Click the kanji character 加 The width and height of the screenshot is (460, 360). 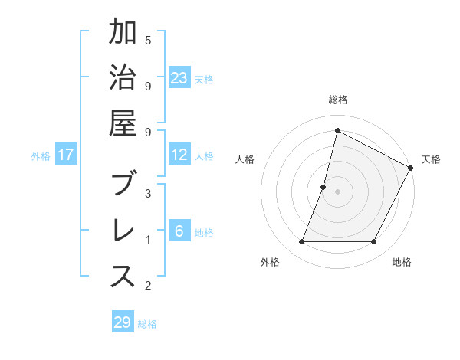pyautogui.click(x=123, y=35)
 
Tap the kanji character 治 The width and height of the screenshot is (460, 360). pyautogui.click(x=123, y=81)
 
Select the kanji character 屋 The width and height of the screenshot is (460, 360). pyautogui.click(x=123, y=127)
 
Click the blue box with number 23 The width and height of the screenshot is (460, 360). pyautogui.click(x=179, y=77)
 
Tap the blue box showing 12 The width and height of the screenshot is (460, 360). pyautogui.click(x=179, y=155)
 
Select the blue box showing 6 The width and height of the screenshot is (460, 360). pyautogui.click(x=179, y=232)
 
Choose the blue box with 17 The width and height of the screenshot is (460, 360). pyautogui.click(x=66, y=155)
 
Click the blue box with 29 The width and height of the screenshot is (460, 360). pyautogui.click(x=122, y=322)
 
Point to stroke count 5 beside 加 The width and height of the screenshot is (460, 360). pyautogui.click(x=148, y=39)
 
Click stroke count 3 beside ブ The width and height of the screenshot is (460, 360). pyautogui.click(x=148, y=193)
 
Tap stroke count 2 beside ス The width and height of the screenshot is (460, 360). pyautogui.click(x=148, y=286)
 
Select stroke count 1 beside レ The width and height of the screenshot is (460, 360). pyautogui.click(x=148, y=240)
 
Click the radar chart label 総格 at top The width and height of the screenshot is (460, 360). pyautogui.click(x=338, y=100)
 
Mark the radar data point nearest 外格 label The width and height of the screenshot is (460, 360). pyautogui.click(x=301, y=242)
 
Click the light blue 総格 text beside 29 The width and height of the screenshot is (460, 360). pyautogui.click(x=148, y=324)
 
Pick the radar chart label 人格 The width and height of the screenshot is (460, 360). pyautogui.click(x=245, y=159)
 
